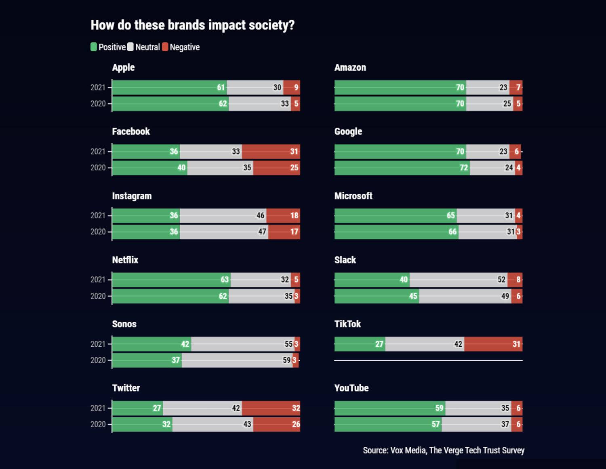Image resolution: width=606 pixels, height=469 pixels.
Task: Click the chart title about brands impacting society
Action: (x=192, y=25)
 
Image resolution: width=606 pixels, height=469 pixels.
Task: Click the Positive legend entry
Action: (x=108, y=47)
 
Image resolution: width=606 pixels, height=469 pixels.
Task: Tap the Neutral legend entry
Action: (x=144, y=47)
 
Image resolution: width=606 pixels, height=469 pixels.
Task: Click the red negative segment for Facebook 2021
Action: (x=271, y=151)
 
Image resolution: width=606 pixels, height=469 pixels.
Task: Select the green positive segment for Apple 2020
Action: (x=170, y=104)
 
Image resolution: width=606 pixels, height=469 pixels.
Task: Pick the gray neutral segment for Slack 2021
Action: (x=458, y=280)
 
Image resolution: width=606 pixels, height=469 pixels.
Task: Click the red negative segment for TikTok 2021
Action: (x=493, y=344)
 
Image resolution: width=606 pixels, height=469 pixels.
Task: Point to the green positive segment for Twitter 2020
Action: (x=142, y=424)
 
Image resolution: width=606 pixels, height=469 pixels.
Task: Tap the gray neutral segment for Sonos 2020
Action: (x=237, y=360)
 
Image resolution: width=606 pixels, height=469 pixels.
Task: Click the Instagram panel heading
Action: (x=132, y=196)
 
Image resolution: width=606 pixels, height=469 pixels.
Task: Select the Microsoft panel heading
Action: (x=353, y=196)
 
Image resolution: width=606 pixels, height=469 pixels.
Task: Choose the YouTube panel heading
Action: (x=351, y=388)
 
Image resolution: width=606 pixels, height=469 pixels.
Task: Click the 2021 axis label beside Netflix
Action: (x=98, y=280)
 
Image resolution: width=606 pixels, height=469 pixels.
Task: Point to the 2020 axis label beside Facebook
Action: (x=98, y=167)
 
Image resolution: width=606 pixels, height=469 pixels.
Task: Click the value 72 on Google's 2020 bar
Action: (x=463, y=167)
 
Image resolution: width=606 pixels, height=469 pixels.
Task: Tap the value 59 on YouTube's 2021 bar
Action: (x=439, y=408)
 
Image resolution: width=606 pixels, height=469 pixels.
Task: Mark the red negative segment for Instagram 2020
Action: (x=284, y=232)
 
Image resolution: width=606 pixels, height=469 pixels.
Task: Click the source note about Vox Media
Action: (x=443, y=450)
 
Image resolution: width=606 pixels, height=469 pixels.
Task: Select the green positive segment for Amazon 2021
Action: (x=400, y=88)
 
